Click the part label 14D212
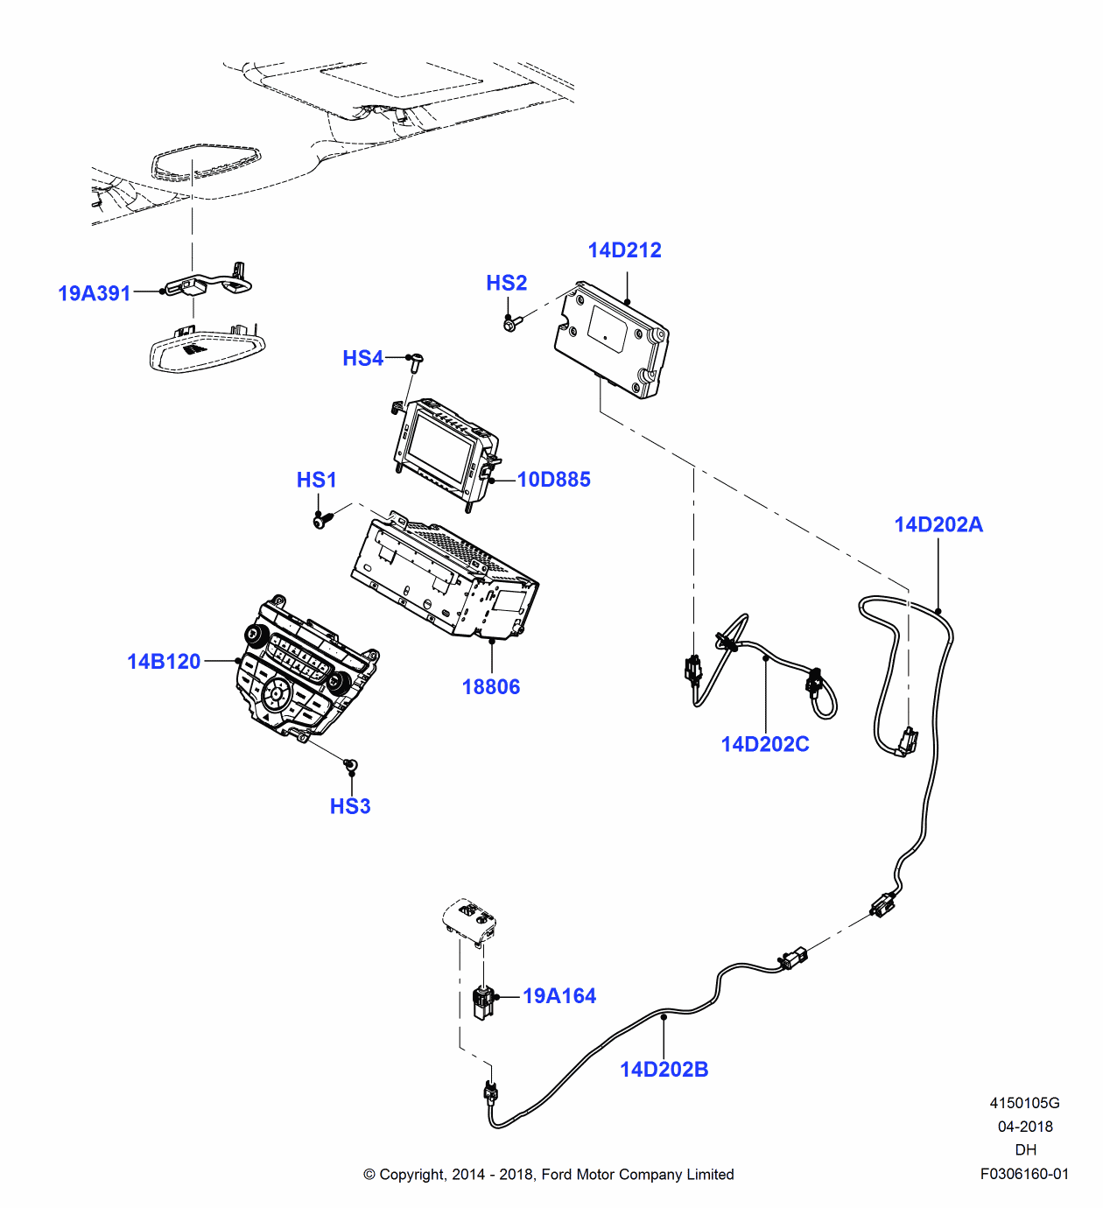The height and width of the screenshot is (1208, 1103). [x=624, y=250]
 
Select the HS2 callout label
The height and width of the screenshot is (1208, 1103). [x=506, y=283]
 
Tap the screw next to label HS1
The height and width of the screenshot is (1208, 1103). [x=322, y=520]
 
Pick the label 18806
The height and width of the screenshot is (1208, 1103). [x=490, y=687]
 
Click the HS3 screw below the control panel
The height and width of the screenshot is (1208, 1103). [x=351, y=766]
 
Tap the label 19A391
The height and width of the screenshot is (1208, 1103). [x=94, y=293]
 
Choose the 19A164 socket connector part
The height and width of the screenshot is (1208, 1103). [x=482, y=1001]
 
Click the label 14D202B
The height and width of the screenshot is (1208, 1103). [x=664, y=1069]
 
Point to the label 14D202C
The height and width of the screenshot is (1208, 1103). [x=764, y=744]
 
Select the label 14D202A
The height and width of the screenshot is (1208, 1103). [x=938, y=524]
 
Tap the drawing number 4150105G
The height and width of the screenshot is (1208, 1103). [x=1024, y=1103]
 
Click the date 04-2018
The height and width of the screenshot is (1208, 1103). [x=1025, y=1127]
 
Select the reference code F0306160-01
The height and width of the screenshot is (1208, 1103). [x=1024, y=1174]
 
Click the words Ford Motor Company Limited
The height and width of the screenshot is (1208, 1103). [x=637, y=1174]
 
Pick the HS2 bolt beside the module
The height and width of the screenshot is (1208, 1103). [x=511, y=324]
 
